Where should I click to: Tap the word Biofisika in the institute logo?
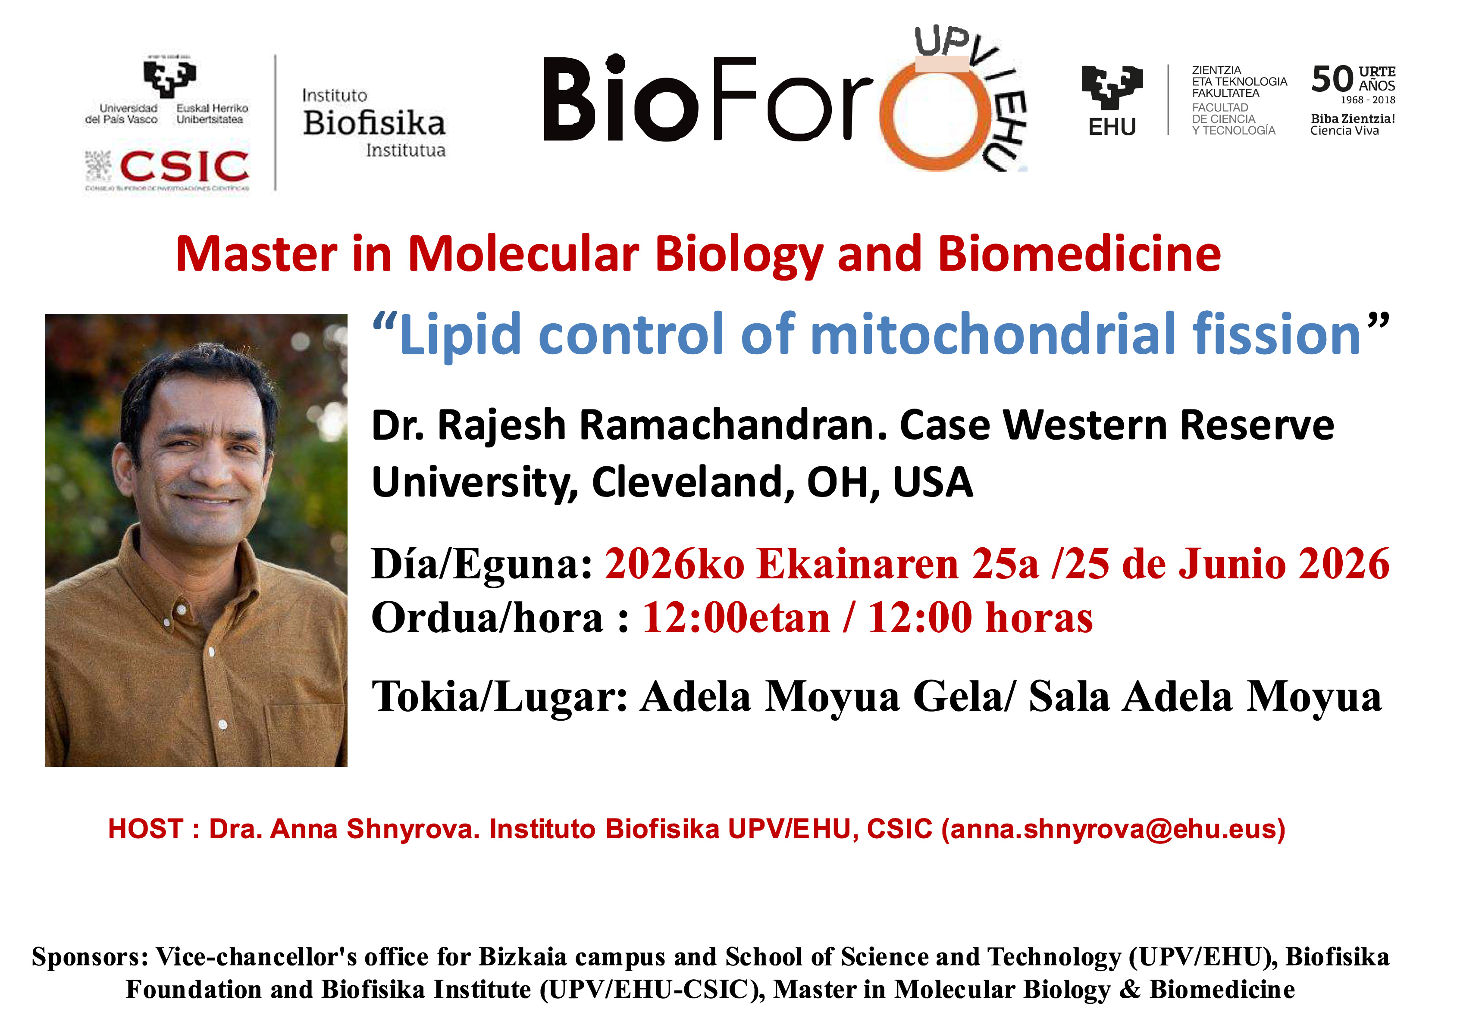pyautogui.click(x=374, y=123)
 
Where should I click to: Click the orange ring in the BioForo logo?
pyautogui.click(x=934, y=114)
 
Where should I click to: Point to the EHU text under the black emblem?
pyautogui.click(x=1112, y=128)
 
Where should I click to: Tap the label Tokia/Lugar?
pyautogui.click(x=499, y=697)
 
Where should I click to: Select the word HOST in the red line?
pyautogui.click(x=145, y=829)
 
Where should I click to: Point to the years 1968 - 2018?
pyautogui.click(x=1368, y=100)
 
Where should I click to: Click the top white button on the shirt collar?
pyautogui.click(x=182, y=610)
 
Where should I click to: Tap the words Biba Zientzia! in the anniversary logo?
pyautogui.click(x=1353, y=119)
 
